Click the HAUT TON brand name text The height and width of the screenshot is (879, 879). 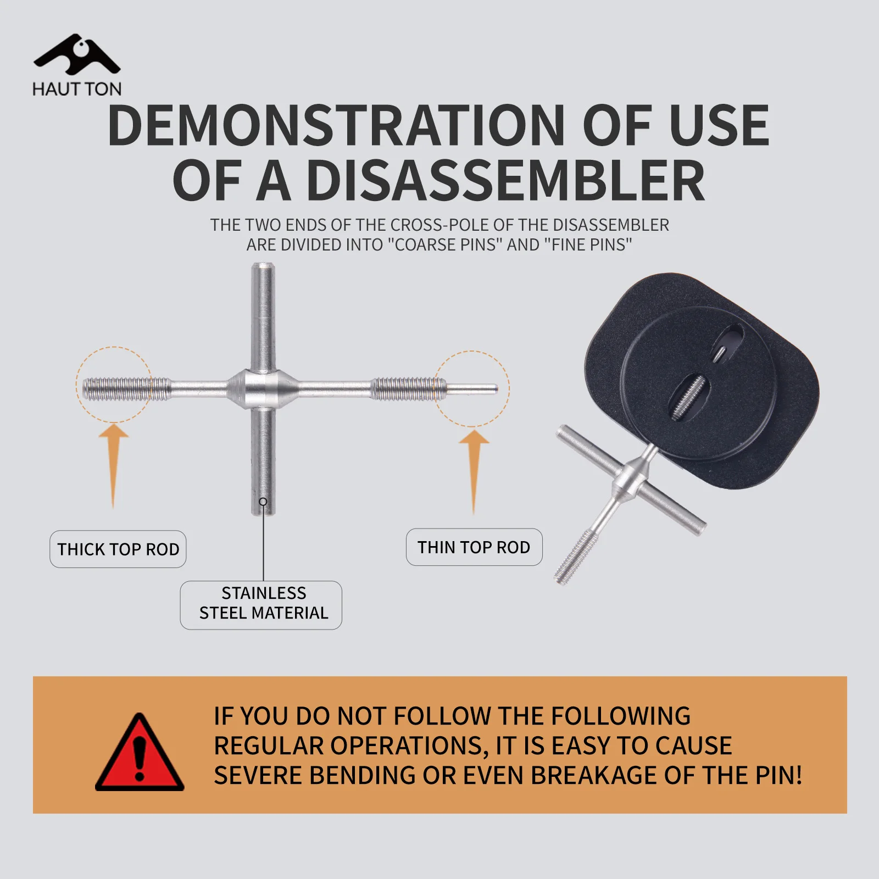(x=77, y=89)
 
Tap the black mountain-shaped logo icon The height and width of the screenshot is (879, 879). (x=77, y=54)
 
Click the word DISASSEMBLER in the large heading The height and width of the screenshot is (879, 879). (x=505, y=181)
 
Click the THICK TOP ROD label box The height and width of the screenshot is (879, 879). (x=118, y=549)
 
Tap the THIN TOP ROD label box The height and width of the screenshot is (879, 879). (x=474, y=547)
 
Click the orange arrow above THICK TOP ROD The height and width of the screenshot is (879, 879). (x=114, y=467)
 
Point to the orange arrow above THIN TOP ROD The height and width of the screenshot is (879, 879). (x=474, y=471)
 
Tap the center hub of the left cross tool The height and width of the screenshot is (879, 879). (x=263, y=388)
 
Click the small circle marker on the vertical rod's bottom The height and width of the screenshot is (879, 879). (x=263, y=502)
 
